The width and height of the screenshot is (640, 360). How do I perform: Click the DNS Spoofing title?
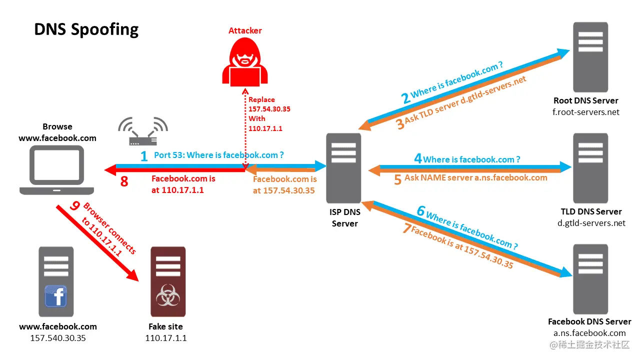(x=86, y=29)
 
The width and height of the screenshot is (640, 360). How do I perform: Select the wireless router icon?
(x=143, y=132)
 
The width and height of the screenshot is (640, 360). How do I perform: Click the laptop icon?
(x=57, y=170)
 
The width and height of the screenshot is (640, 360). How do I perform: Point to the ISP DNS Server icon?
(x=343, y=167)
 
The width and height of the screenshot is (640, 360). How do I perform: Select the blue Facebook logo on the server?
(x=56, y=296)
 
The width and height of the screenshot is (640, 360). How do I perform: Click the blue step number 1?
(x=144, y=156)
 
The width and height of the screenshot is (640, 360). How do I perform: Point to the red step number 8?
(x=124, y=181)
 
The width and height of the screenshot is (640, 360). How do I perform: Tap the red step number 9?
(x=75, y=205)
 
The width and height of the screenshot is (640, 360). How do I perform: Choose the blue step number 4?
(x=418, y=159)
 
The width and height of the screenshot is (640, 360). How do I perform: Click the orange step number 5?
(x=397, y=179)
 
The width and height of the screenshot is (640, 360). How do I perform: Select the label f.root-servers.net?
(x=586, y=112)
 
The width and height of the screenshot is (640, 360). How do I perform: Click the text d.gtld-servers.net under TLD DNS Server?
(x=591, y=223)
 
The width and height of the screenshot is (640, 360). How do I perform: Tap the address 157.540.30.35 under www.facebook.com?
(x=58, y=338)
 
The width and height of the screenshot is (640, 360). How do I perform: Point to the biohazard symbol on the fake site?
(x=167, y=296)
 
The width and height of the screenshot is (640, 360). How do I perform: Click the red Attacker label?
(x=245, y=30)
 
